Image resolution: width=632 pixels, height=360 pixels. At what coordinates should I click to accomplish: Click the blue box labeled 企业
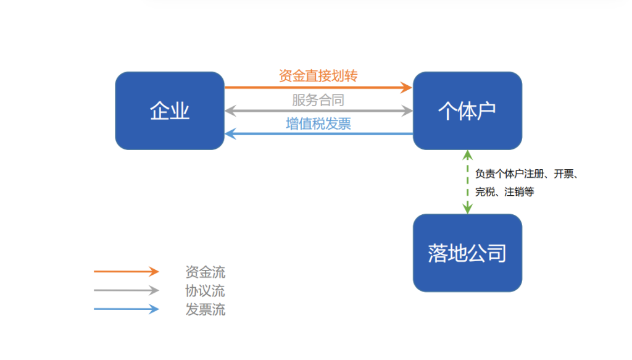point(169,111)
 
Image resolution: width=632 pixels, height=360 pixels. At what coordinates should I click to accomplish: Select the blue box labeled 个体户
point(467,111)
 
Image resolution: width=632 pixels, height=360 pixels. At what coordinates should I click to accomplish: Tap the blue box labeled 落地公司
point(467,253)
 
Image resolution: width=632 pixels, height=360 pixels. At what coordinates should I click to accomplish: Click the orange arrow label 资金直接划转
point(318,76)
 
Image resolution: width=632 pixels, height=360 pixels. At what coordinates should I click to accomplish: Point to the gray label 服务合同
point(318,100)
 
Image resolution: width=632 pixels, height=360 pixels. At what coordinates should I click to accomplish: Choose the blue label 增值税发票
point(318,123)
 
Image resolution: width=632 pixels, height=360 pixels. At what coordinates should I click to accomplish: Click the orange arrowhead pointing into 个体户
point(407,88)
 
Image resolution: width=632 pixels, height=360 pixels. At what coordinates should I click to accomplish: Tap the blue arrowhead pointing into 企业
point(230,134)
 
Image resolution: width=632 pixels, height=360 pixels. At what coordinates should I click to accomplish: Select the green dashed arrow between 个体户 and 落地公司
point(468,182)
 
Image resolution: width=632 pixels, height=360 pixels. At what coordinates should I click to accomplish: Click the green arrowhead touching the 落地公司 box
point(468,209)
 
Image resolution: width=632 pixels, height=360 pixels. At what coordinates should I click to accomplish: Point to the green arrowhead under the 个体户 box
point(468,155)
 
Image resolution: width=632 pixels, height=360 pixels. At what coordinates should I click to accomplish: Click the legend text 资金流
point(206,272)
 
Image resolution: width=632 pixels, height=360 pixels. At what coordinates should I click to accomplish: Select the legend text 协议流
point(206,290)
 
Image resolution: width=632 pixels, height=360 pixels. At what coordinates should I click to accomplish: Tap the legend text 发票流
point(206,309)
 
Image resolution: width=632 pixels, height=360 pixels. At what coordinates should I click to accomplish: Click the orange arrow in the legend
point(126,272)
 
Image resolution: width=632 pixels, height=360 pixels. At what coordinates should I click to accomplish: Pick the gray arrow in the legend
point(126,290)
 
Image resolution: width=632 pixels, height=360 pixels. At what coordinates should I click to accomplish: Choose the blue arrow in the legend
point(126,309)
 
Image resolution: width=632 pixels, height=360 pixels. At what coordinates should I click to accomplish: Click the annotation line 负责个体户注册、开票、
point(526,174)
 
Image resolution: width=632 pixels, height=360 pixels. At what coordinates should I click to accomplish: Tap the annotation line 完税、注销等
point(505,192)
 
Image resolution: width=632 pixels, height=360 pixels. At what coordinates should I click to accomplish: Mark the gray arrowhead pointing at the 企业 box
point(230,111)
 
